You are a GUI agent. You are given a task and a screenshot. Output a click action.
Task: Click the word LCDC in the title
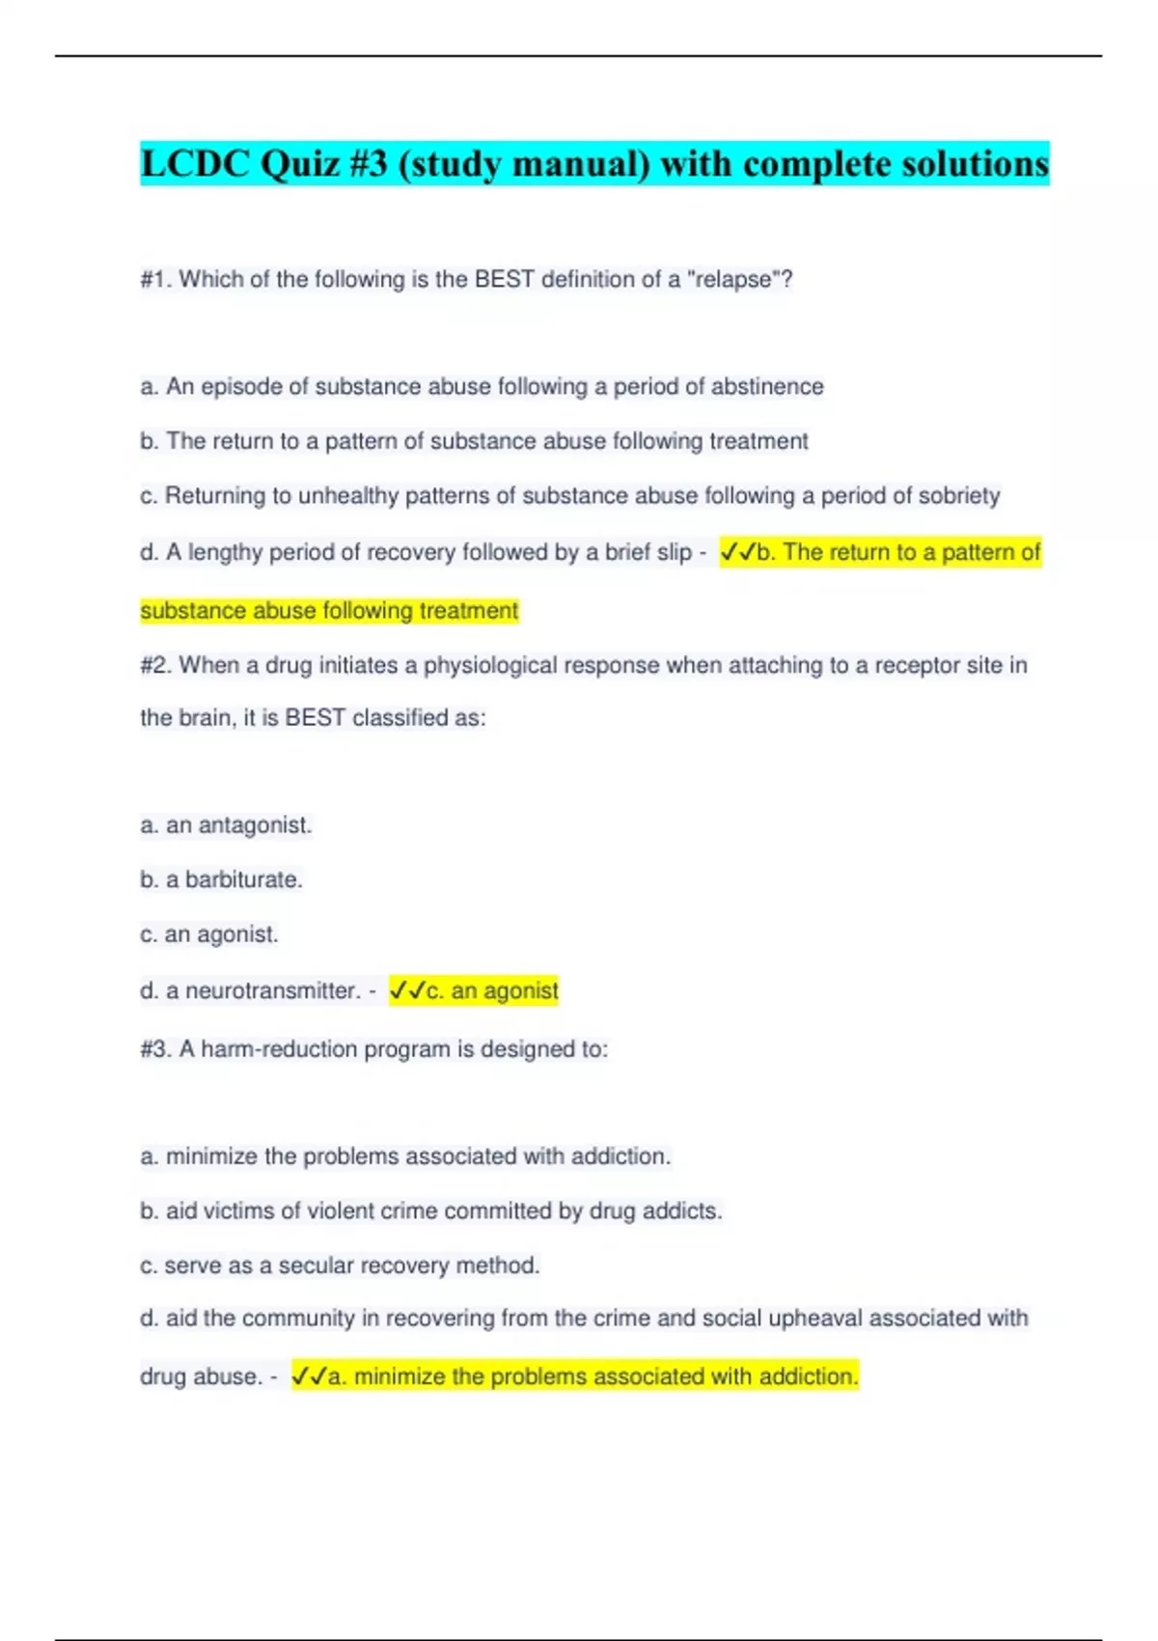(x=196, y=164)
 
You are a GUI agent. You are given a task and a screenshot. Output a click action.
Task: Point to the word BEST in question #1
(x=504, y=280)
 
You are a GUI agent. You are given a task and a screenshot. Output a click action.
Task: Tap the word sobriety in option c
(x=958, y=496)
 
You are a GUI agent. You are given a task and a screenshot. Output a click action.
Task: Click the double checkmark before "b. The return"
(x=738, y=552)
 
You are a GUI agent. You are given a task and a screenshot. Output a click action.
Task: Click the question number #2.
(x=156, y=665)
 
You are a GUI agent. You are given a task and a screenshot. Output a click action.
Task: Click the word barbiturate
(x=243, y=879)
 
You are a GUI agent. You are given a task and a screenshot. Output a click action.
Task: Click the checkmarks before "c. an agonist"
(x=407, y=990)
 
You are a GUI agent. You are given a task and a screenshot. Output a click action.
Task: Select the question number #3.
(x=156, y=1049)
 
